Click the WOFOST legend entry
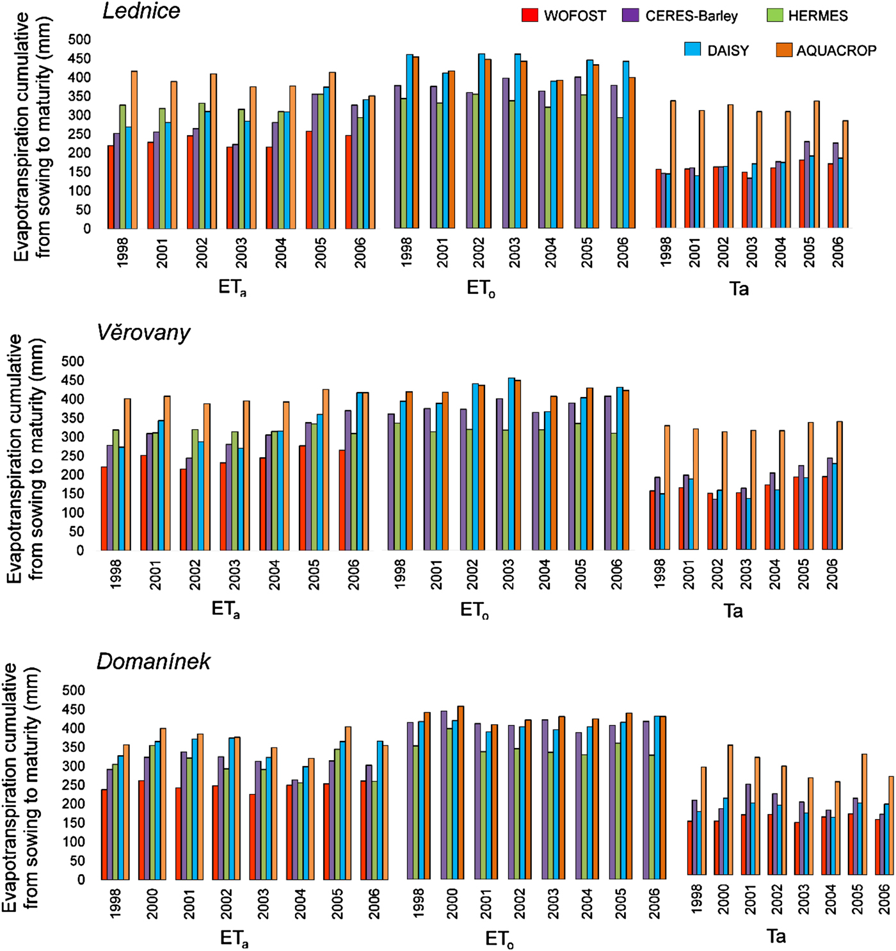(x=564, y=16)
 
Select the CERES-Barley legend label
(x=680, y=16)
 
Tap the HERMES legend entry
(x=808, y=16)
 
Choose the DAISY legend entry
(x=717, y=51)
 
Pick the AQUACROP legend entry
(x=826, y=51)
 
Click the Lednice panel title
(x=141, y=11)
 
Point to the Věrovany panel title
(x=143, y=333)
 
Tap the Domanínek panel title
(x=154, y=662)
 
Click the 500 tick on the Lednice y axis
(x=79, y=40)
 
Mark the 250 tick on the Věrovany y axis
(x=72, y=456)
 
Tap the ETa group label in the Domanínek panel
(x=234, y=939)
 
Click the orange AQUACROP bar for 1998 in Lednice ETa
(x=134, y=150)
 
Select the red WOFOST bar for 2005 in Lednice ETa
(x=309, y=180)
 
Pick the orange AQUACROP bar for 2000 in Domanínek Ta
(x=730, y=810)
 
